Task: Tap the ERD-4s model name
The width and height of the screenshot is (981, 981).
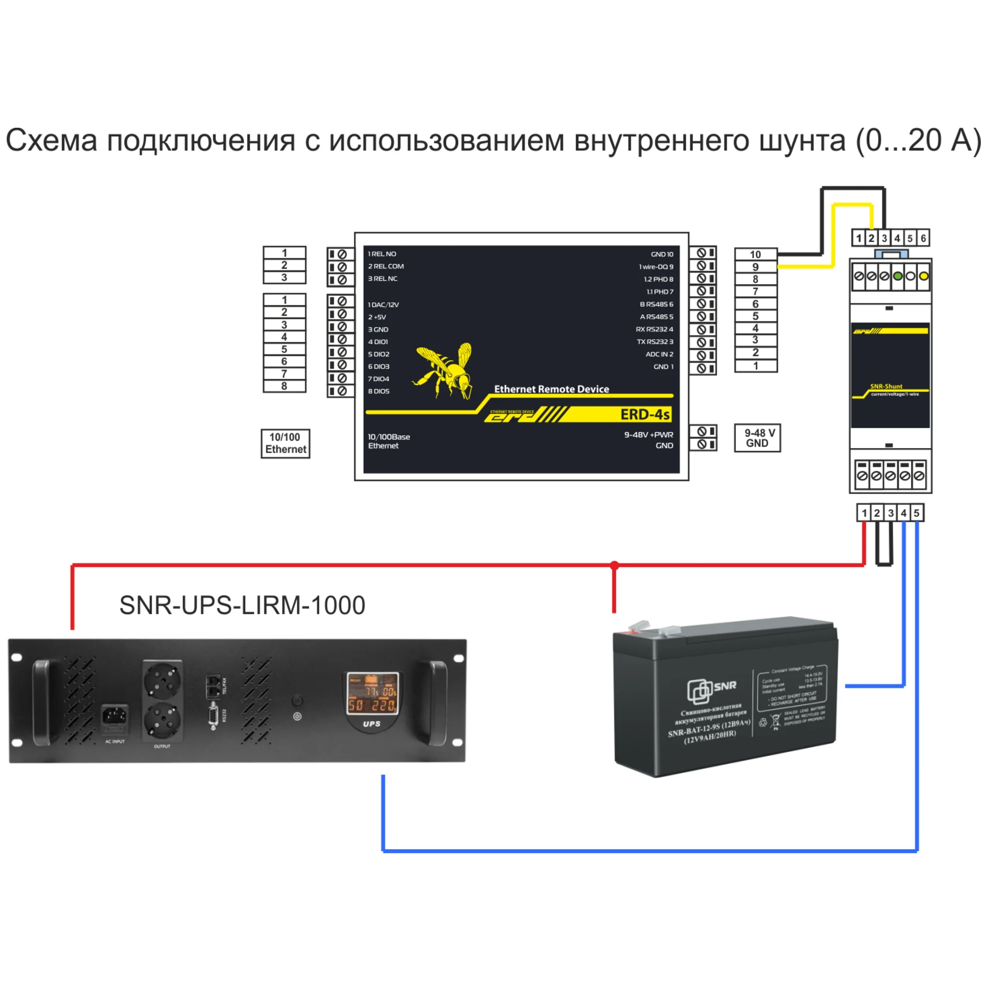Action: pyautogui.click(x=645, y=414)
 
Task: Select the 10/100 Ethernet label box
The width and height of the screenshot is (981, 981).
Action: pyautogui.click(x=285, y=443)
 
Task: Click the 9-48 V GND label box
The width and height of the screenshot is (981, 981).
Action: pyautogui.click(x=757, y=438)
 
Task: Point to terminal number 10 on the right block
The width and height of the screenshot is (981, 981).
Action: pyautogui.click(x=755, y=254)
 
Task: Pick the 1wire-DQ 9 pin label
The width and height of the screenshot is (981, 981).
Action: pyautogui.click(x=656, y=267)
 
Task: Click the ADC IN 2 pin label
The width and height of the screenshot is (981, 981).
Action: pyautogui.click(x=659, y=354)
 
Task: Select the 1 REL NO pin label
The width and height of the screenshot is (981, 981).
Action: pyautogui.click(x=382, y=254)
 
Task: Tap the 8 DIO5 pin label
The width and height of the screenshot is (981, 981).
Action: pyautogui.click(x=379, y=391)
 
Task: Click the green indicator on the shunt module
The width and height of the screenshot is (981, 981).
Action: pyautogui.click(x=898, y=276)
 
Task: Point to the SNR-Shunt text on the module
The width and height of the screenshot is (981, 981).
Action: pyautogui.click(x=886, y=386)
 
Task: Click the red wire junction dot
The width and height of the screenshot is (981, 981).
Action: pyautogui.click(x=615, y=566)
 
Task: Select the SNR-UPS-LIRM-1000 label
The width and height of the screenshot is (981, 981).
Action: pyautogui.click(x=242, y=605)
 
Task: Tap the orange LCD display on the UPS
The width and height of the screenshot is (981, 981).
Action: pyautogui.click(x=372, y=693)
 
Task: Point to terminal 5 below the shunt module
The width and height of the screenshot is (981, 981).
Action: pyautogui.click(x=917, y=513)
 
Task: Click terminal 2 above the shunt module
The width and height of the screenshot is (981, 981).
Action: pyautogui.click(x=872, y=238)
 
